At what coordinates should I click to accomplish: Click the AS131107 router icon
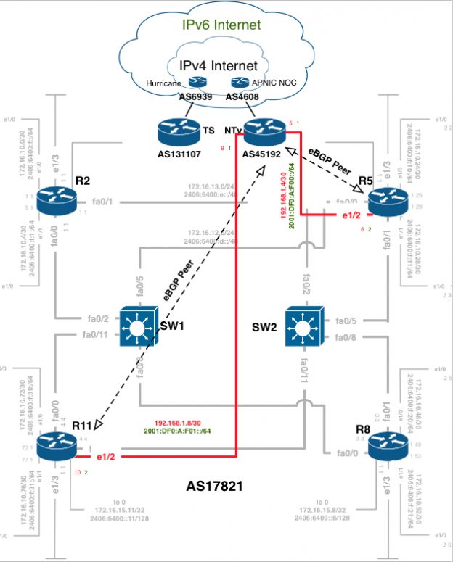pyautogui.click(x=178, y=131)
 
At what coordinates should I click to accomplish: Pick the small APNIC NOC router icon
pyautogui.click(x=240, y=83)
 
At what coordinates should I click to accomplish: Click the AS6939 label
pyautogui.click(x=196, y=96)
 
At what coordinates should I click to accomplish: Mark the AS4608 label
pyautogui.click(x=242, y=96)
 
